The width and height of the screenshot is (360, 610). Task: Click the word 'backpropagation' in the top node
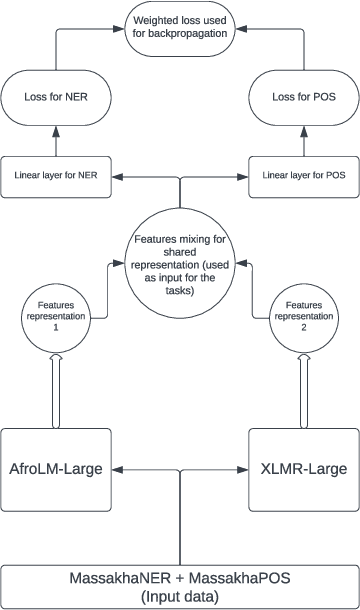click(x=180, y=34)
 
